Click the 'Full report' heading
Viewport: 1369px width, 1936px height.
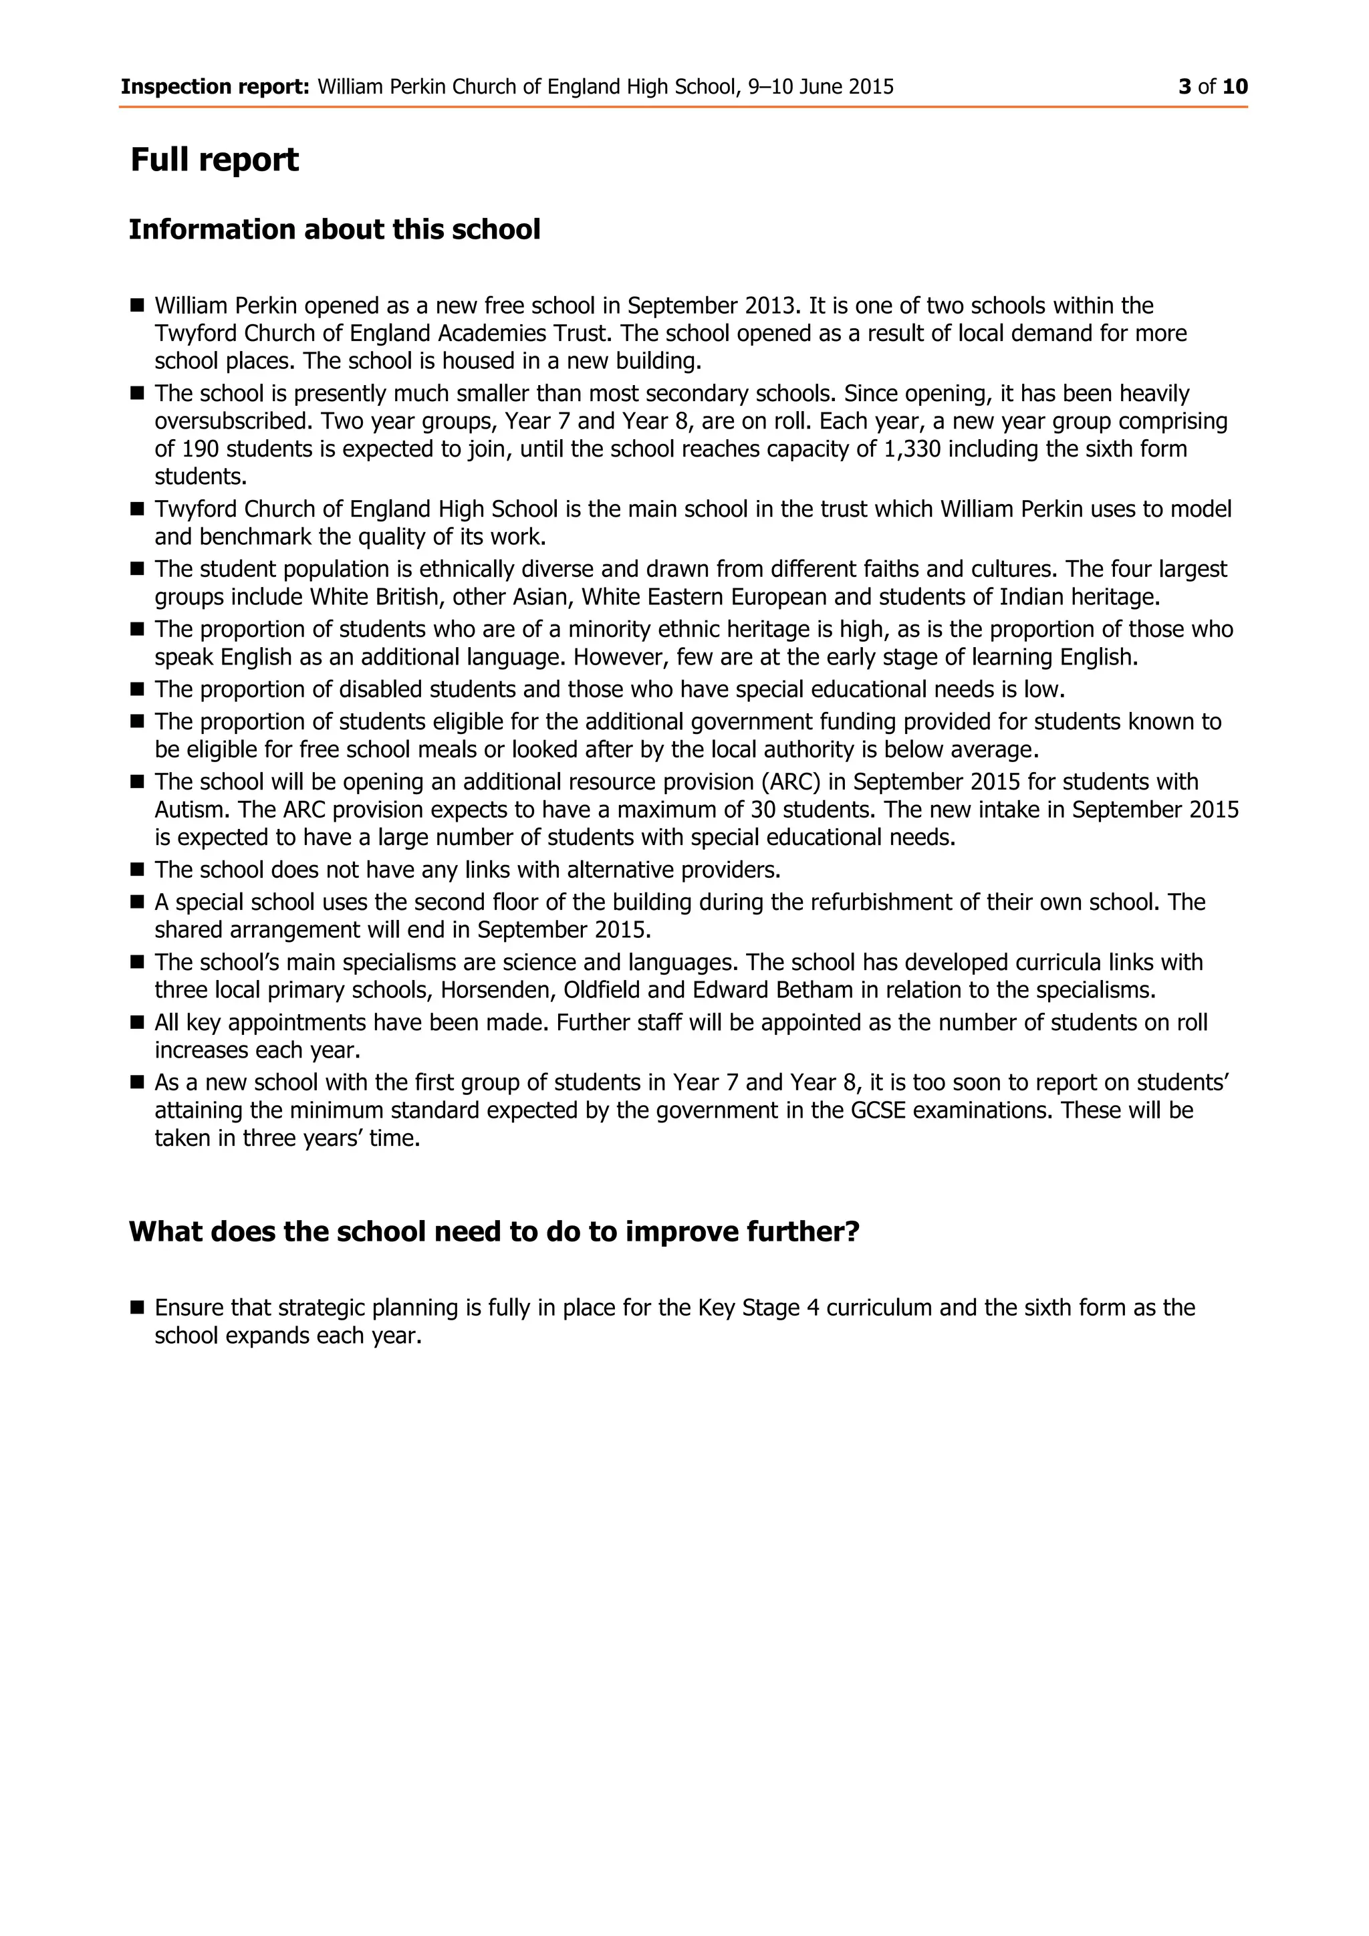(x=214, y=159)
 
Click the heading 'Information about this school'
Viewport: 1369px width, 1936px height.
(x=334, y=229)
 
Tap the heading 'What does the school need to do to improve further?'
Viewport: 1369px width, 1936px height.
(x=494, y=1231)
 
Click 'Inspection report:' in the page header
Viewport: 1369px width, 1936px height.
(x=215, y=87)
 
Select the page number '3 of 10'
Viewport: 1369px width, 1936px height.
(x=1213, y=87)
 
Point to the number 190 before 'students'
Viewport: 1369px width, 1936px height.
(x=200, y=449)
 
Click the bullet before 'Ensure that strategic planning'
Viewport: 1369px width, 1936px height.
(x=138, y=1308)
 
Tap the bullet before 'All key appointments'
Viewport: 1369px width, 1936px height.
(x=138, y=1022)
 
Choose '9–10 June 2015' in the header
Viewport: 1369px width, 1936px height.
(x=820, y=87)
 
